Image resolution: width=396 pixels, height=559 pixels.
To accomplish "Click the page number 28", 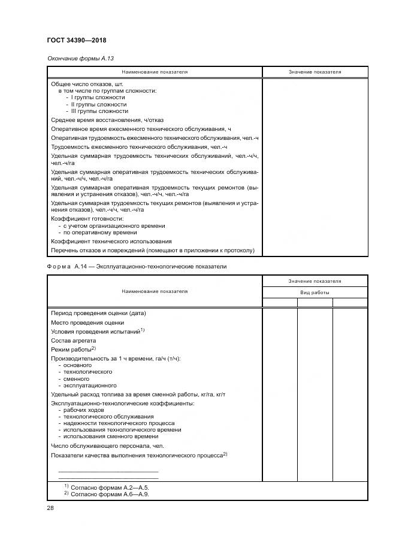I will click(50, 508).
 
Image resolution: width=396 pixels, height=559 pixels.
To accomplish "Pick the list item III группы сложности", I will click(99, 111).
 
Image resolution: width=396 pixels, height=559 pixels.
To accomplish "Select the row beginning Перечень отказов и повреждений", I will click(153, 250).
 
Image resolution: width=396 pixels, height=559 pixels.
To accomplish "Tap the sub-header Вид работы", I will click(315, 292).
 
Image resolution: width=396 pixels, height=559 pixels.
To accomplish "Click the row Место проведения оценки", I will click(87, 322).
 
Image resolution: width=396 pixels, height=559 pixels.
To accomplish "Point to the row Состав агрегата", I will click(73, 340).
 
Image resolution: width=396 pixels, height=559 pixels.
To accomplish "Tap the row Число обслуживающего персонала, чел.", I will click(107, 445).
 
